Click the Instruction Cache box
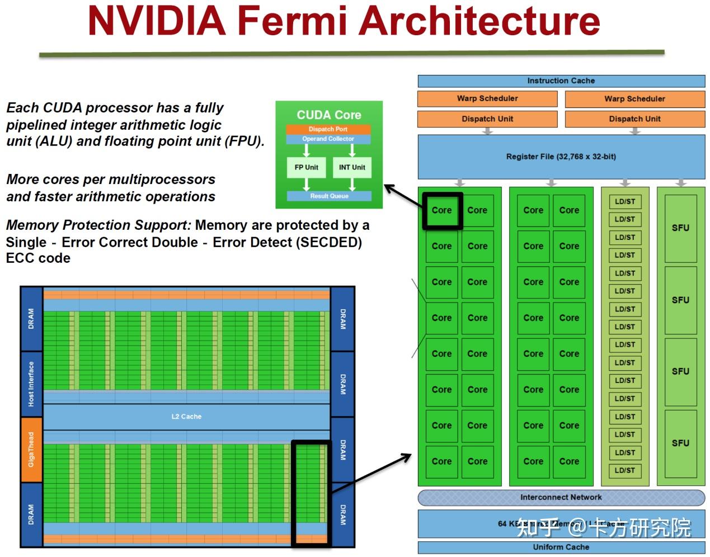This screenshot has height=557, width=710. (x=561, y=81)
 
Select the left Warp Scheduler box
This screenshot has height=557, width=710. (x=487, y=98)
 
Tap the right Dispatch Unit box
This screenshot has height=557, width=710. (x=634, y=119)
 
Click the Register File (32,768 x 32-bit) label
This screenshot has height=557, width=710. (x=561, y=157)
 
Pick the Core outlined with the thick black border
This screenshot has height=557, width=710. (x=441, y=211)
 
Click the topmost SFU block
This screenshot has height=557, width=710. (x=680, y=228)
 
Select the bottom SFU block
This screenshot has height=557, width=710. (x=680, y=443)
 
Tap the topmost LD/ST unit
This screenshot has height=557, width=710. (x=624, y=202)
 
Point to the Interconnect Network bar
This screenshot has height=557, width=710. (x=561, y=497)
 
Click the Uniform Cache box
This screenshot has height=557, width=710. (x=561, y=547)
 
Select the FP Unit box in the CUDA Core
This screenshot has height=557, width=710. (x=306, y=167)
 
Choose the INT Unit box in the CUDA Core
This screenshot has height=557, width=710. (x=352, y=167)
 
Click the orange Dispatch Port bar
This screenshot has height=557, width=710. (x=328, y=129)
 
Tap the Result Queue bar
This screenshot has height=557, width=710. (x=329, y=196)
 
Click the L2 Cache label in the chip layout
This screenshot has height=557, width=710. (x=186, y=417)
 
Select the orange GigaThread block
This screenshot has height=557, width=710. (x=31, y=450)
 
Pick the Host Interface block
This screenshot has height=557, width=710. (x=31, y=384)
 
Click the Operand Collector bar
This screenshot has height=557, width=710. (x=328, y=139)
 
